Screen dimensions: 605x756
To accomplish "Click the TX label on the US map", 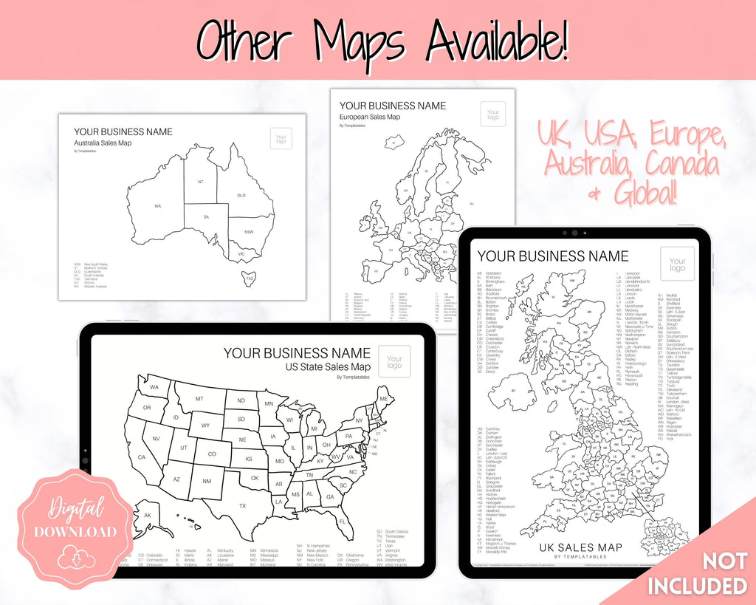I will click(242, 506).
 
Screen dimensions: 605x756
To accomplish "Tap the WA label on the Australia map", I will click(157, 205).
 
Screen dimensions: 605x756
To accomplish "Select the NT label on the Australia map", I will click(200, 181).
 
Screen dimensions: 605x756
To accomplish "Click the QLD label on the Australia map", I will click(241, 196).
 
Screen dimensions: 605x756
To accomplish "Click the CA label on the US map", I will click(142, 457).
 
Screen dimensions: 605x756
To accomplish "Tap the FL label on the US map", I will click(343, 522).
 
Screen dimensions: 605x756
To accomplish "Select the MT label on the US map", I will click(199, 399).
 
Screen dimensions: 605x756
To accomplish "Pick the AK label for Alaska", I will click(148, 515).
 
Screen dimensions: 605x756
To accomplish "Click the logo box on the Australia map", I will click(281, 138).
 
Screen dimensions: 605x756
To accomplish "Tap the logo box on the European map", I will click(492, 114).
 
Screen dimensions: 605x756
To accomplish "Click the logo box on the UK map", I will click(678, 264).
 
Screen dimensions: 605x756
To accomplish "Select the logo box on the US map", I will click(394, 361).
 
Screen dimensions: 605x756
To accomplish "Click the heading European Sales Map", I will click(379, 117).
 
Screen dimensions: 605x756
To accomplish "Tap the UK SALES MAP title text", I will click(580, 547).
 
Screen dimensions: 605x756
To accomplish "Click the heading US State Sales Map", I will click(329, 367).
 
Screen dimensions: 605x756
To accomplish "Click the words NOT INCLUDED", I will click(697, 574).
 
